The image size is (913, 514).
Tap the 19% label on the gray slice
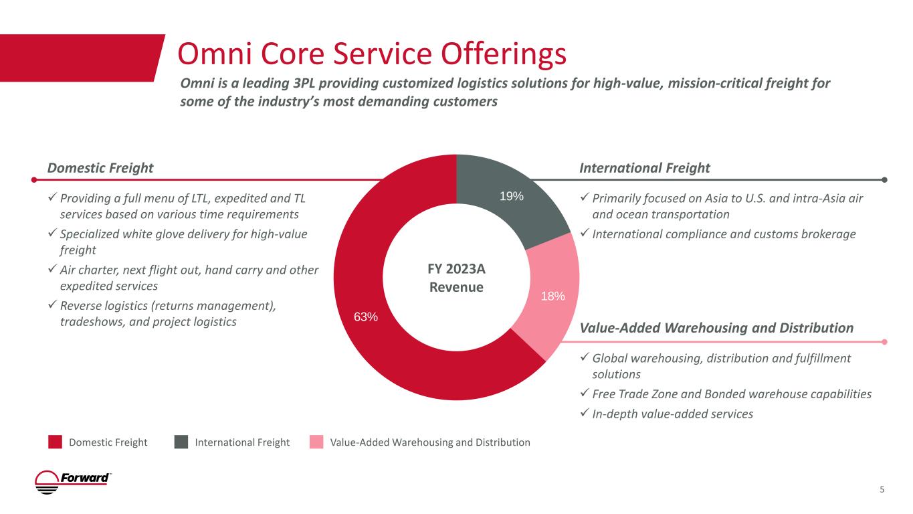point(512,196)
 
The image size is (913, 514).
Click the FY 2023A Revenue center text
point(456,277)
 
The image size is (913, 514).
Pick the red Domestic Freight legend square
point(55,442)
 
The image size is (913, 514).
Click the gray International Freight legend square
point(181,442)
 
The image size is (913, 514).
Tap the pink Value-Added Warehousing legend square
point(316,442)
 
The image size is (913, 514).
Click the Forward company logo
point(73,482)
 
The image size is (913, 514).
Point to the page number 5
point(882,489)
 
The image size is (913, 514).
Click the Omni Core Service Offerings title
point(371,54)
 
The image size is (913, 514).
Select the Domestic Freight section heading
point(100,168)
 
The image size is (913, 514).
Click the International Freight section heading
point(644,168)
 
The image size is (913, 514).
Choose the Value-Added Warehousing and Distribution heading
point(716,328)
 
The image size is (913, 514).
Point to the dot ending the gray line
point(884,179)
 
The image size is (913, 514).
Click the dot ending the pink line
point(884,341)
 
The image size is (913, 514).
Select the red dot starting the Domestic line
point(35,179)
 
